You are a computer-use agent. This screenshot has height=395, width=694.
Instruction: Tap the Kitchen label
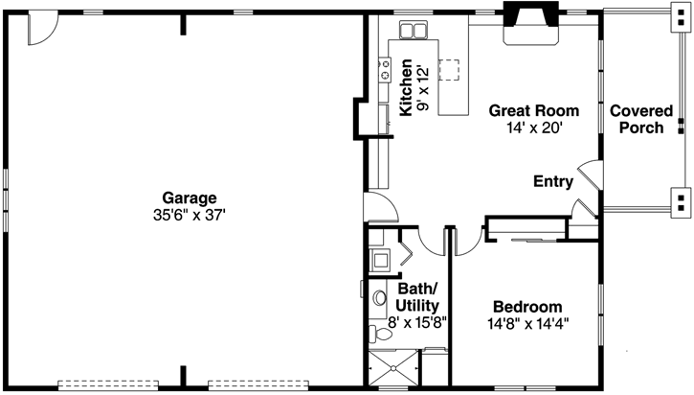click(407, 87)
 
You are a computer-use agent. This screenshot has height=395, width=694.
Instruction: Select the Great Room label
click(533, 110)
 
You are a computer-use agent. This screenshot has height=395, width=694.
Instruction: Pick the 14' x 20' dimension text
click(533, 127)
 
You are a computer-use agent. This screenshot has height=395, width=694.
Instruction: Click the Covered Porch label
click(640, 119)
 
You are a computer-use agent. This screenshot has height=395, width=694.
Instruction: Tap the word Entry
click(552, 181)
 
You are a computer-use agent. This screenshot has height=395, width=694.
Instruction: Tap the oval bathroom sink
click(380, 298)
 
